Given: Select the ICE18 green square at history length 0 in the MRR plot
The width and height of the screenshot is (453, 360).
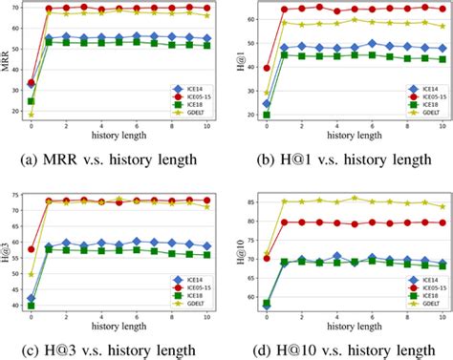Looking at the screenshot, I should pos(31,100).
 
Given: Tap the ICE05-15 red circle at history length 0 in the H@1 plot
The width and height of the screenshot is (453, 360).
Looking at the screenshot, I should pos(239,68).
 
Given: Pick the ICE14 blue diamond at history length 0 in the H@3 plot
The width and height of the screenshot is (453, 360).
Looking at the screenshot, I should pos(31,298).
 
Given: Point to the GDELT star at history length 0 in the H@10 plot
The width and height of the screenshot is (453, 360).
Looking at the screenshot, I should pos(239,255).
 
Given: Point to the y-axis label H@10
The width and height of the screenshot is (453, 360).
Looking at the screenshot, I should pos(216,250).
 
